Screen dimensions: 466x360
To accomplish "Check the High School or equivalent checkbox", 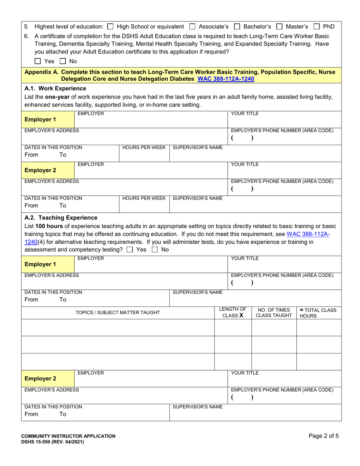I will coord(110,27).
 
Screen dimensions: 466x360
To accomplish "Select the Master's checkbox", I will coord(279,27).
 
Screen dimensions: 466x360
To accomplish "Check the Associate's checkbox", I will coord(192,27).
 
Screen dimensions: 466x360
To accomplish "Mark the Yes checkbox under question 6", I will coord(38,61).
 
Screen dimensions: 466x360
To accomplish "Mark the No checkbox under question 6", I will coord(63,61).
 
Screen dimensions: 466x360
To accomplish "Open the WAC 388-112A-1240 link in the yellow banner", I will coord(226,79).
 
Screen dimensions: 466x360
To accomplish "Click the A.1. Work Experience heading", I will coord(55,89).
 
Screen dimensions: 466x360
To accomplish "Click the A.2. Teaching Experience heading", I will coord(61,218).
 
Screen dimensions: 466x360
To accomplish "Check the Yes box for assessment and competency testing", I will coord(130,250).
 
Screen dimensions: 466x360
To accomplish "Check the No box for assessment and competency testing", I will coord(155,250).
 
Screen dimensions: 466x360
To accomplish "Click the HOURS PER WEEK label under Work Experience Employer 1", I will coord(144,147).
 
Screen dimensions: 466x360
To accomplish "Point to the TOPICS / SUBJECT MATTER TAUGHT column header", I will coord(118,313).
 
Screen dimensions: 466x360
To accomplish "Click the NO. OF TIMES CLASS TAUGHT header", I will coord(274,313).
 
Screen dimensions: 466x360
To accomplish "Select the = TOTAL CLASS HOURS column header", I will coord(318,313).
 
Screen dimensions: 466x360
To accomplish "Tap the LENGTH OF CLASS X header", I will coord(233,313).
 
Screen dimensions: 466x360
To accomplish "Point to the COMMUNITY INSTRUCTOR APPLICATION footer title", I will coord(68,436).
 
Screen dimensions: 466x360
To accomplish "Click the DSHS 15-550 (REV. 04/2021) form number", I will coord(53,442).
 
